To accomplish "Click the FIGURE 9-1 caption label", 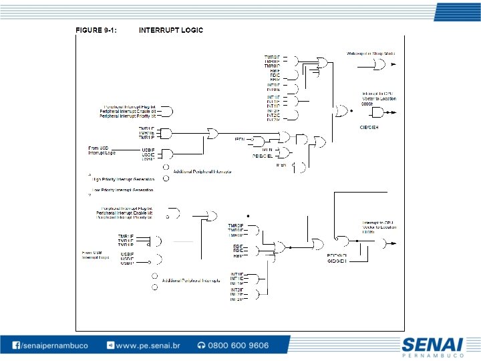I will pyautogui.click(x=96, y=30).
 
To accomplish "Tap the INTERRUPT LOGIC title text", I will pyautogui.click(x=171, y=30).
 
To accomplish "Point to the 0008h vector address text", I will pyautogui.click(x=367, y=104).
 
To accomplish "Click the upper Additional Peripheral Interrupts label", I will pyautogui.click(x=202, y=172).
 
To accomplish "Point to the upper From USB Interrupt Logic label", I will pyautogui.click(x=102, y=150).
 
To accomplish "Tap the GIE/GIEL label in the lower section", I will pyautogui.click(x=336, y=260).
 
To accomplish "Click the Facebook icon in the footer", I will pyautogui.click(x=16, y=346).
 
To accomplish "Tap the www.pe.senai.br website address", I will pyautogui.click(x=148, y=346).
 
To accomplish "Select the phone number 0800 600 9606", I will pyautogui.click(x=238, y=346).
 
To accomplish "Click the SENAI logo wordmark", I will pyautogui.click(x=432, y=344).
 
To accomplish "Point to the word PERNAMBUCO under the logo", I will pyautogui.click(x=432, y=356).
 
